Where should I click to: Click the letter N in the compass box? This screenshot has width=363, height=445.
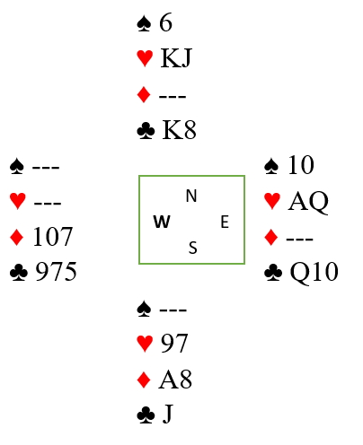[x=191, y=196]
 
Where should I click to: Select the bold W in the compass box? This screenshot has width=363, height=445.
[x=162, y=222]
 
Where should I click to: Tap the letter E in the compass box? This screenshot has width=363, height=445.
[x=225, y=222]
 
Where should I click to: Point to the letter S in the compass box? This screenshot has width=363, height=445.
[x=193, y=248]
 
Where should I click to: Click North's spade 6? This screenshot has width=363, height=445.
[x=165, y=22]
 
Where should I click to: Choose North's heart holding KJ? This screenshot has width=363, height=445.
[x=176, y=57]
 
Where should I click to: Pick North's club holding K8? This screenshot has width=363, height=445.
[x=179, y=130]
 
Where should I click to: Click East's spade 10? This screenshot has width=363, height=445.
[x=301, y=165]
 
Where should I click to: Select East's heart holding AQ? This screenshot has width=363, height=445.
[x=308, y=202]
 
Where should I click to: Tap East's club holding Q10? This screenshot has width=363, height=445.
[x=314, y=272]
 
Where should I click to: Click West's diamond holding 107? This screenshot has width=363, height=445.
[x=53, y=237]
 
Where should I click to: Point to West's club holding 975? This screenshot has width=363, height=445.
[x=56, y=272]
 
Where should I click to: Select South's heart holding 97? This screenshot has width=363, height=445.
[x=174, y=343]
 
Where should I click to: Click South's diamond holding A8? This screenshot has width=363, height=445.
[x=175, y=380]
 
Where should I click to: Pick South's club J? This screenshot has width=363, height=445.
[x=168, y=414]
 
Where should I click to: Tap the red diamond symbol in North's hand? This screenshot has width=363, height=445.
[x=144, y=95]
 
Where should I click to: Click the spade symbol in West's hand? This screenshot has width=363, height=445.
[x=17, y=166]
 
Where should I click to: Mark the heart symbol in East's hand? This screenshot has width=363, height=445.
[x=272, y=201]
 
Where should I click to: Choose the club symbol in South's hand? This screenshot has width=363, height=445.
[x=146, y=415]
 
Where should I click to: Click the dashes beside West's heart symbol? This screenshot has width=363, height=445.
[x=48, y=204]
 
